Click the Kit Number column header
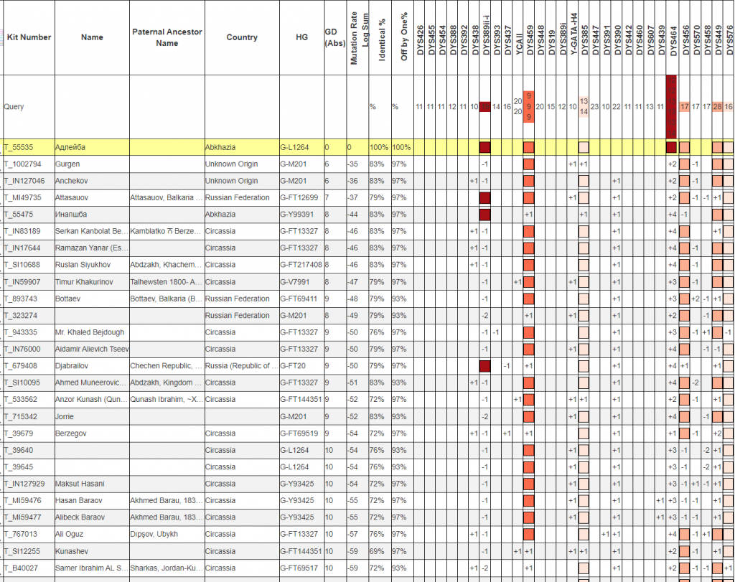[x=29, y=37]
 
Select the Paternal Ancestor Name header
[x=167, y=37]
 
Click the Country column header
[x=242, y=37]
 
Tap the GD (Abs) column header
[x=334, y=37]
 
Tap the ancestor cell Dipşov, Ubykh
[x=154, y=534]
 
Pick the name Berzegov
[x=71, y=433]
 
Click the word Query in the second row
[x=14, y=107]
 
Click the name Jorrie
[x=65, y=416]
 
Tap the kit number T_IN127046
[x=28, y=181]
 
